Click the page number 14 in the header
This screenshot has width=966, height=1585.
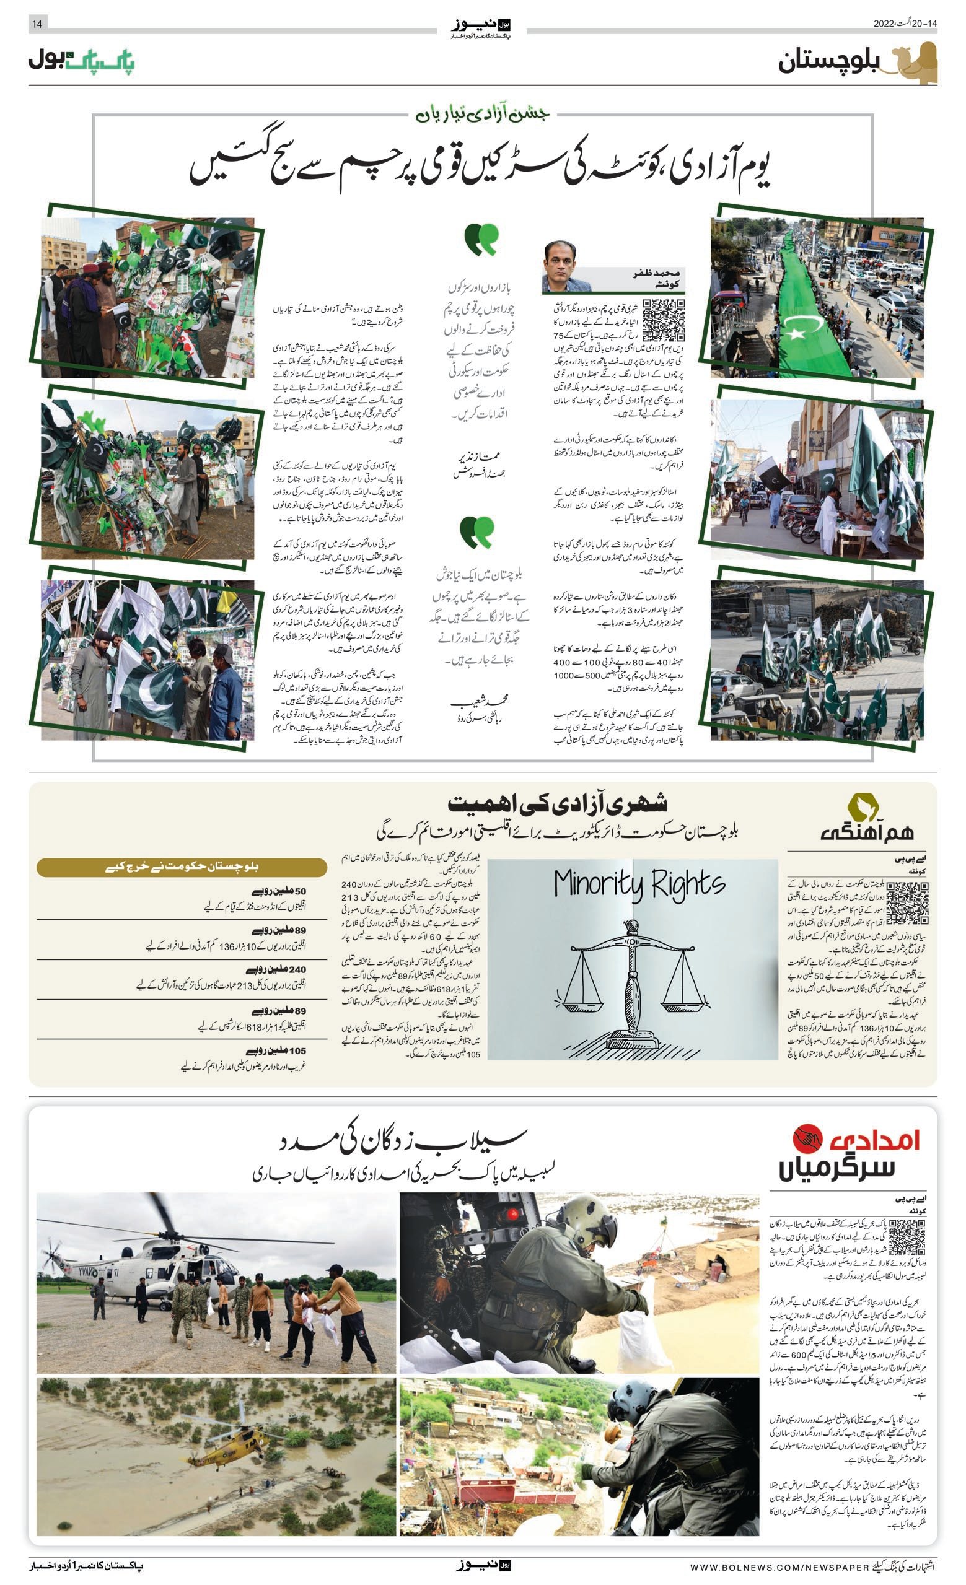point(37,24)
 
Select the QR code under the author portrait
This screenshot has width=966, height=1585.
point(663,320)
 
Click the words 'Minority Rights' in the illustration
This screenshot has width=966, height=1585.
point(639,884)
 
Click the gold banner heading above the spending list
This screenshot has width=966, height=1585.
point(182,867)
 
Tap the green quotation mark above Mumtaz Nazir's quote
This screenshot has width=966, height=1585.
point(481,238)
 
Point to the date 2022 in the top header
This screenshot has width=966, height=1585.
point(884,24)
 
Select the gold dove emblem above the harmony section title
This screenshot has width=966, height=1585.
point(863,806)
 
